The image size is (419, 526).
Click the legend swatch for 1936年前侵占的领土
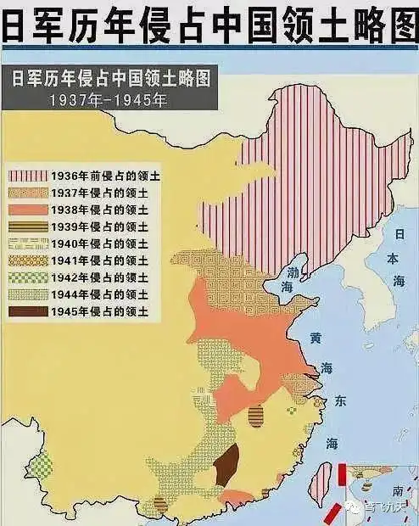[x=27, y=176]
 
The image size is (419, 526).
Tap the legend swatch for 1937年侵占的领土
[x=27, y=192]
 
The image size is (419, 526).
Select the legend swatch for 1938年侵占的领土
[x=27, y=209]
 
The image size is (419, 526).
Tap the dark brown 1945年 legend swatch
[x=27, y=311]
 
